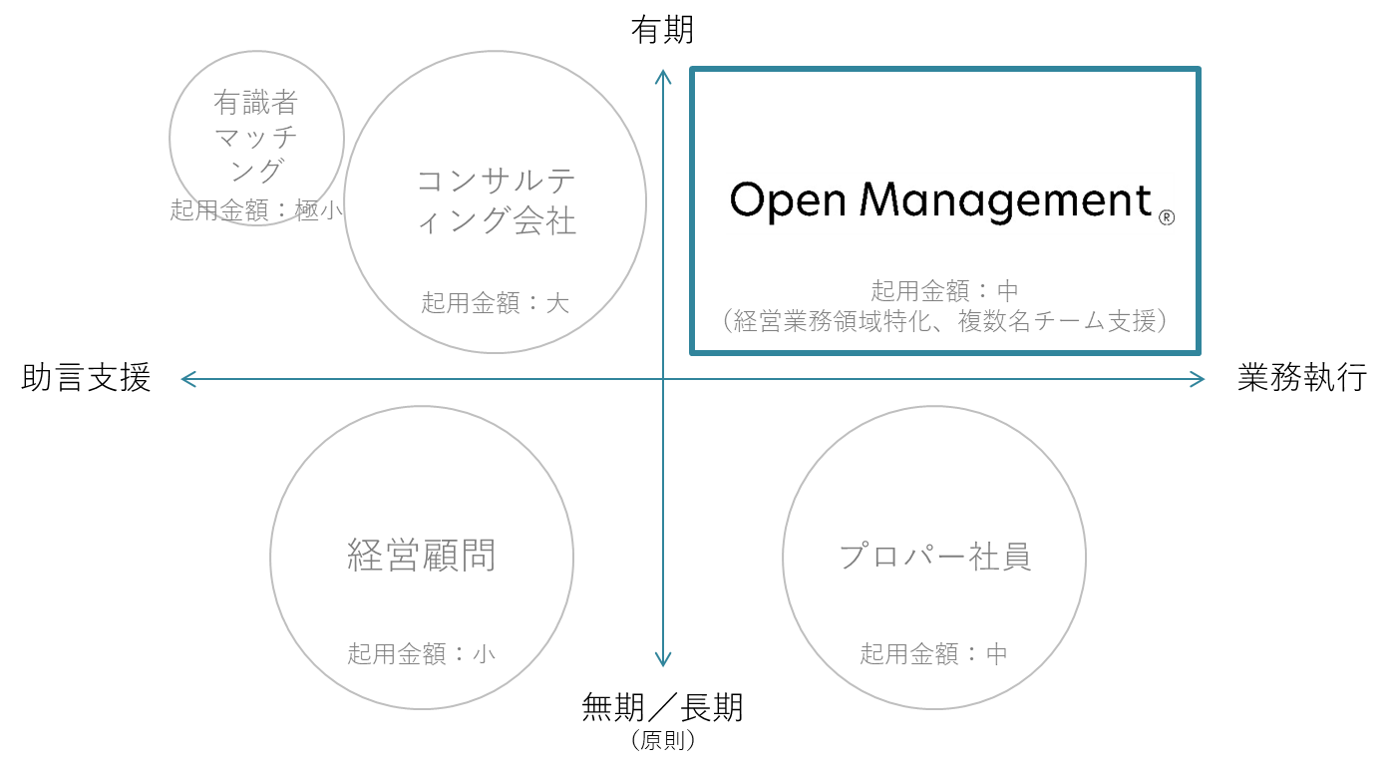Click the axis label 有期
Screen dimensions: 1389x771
pos(662,30)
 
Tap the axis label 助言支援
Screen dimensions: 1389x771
pos(86,377)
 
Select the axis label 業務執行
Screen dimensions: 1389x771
pos(1302,377)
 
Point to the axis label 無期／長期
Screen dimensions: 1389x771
pos(662,707)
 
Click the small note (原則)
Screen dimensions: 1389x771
pos(662,740)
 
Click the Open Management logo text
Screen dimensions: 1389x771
pos(940,200)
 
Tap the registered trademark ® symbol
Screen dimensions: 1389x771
pos(1167,217)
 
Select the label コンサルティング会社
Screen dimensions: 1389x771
pos(497,201)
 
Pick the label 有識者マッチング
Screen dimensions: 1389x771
pos(256,137)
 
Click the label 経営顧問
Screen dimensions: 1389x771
pos(422,556)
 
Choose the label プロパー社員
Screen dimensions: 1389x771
pos(934,557)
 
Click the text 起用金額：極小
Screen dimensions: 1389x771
pos(256,210)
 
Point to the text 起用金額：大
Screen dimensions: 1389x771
pos(495,303)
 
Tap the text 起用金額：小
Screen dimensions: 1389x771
pos(422,653)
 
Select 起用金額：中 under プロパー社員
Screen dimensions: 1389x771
pos(934,653)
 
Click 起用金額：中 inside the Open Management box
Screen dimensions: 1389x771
pos(945,290)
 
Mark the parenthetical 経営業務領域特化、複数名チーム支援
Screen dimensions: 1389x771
pos(945,321)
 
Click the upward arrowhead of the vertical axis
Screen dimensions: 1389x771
pos(663,72)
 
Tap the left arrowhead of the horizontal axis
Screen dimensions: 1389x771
pos(183,379)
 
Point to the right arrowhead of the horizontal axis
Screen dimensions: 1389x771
pos(1202,379)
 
